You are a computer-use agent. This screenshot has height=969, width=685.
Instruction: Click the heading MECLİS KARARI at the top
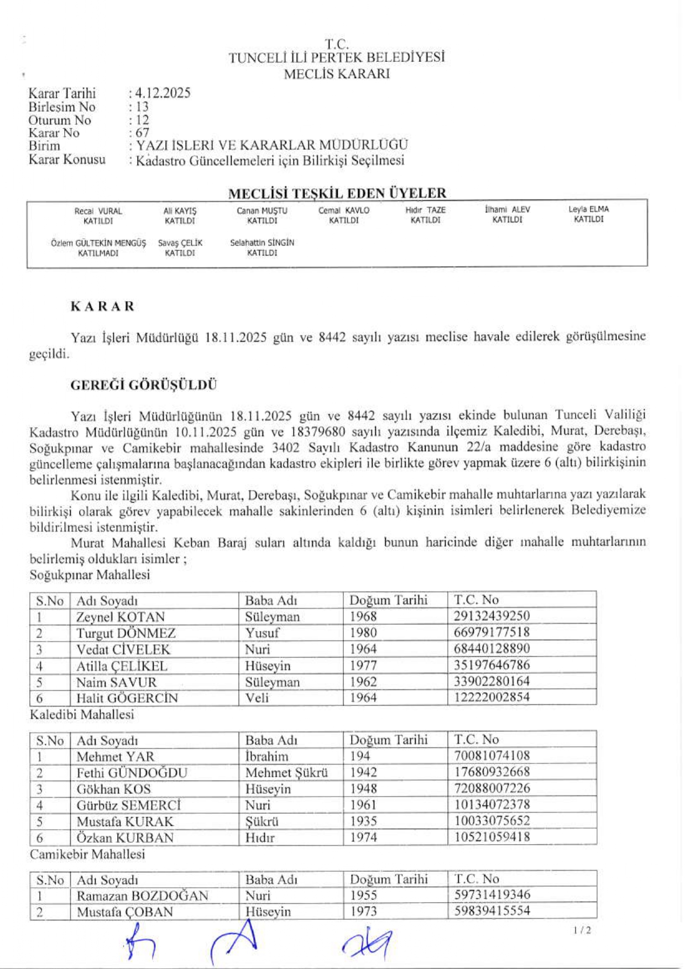(337, 74)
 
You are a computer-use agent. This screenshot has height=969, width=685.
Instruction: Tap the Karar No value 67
(142, 133)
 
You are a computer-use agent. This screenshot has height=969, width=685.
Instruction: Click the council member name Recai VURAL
(98, 211)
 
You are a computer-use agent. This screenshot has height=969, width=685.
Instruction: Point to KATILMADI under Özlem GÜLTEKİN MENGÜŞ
(98, 253)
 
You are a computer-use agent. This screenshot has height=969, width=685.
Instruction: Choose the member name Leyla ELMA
(588, 209)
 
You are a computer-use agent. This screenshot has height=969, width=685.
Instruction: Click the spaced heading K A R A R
(102, 307)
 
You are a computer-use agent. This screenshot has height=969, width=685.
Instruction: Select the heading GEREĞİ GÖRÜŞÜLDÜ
(143, 385)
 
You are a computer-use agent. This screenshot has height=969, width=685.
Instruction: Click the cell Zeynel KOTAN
(121, 617)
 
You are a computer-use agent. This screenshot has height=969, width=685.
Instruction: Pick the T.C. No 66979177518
(491, 632)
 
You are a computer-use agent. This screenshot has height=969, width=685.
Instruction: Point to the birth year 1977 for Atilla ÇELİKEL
(363, 665)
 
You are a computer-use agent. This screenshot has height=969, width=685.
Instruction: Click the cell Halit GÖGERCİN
(127, 698)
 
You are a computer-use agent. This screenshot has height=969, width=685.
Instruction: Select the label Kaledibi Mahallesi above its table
(82, 714)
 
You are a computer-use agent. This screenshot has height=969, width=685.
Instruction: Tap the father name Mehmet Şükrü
(286, 772)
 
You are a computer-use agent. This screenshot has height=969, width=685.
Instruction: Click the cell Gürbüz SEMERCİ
(129, 805)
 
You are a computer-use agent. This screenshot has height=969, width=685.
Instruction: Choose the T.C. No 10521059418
(492, 837)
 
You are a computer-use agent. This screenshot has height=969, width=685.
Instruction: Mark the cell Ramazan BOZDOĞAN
(142, 896)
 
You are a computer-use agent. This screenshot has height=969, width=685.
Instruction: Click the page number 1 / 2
(582, 930)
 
